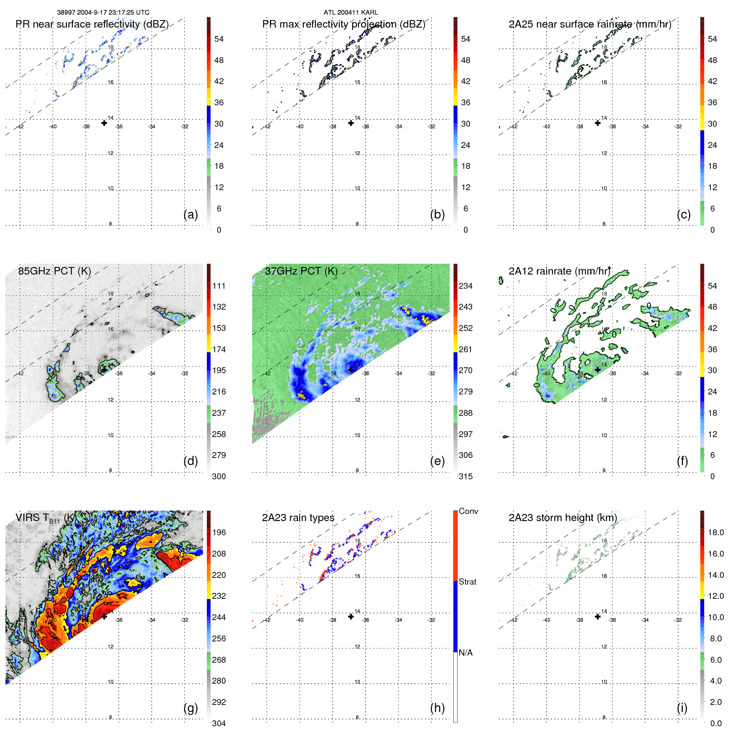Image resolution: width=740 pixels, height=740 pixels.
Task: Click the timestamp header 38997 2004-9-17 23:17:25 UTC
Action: coord(103,13)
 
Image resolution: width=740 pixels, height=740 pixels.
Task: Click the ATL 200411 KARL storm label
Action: coord(351,13)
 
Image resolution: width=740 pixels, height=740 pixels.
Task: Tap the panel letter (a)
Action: coord(191,214)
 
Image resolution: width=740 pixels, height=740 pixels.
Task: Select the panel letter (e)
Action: coord(437,461)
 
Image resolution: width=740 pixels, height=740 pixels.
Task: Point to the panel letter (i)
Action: coord(682,708)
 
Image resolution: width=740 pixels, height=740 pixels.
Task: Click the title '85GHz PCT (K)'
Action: coord(54,271)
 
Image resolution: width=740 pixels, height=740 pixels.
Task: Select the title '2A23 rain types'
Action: coord(298,518)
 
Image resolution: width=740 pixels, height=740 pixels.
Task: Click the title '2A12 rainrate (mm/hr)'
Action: coord(559,271)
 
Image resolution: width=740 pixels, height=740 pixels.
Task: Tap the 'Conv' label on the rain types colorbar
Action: coord(468,511)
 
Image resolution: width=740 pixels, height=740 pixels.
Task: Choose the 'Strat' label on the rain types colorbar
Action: coord(468,582)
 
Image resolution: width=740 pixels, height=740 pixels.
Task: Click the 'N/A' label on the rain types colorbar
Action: coord(465,653)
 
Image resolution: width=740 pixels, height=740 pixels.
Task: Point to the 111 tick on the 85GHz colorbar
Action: coord(219,286)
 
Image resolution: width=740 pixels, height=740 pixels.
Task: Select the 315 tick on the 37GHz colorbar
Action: coord(465,476)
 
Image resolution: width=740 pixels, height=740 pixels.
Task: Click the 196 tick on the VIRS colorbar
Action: coord(219,532)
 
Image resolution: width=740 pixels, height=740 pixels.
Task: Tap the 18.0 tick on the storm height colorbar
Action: coord(716,532)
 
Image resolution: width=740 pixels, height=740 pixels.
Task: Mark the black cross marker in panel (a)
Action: coord(104,123)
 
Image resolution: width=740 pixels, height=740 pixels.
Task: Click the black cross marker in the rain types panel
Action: coord(351,616)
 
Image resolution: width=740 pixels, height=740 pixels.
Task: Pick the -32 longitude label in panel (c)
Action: coord(678,127)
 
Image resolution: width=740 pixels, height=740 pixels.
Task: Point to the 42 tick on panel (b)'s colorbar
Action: coord(465,81)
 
